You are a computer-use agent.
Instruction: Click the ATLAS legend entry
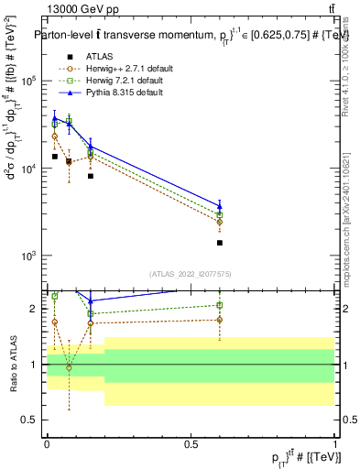(99, 57)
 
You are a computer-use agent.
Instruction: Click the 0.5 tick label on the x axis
(191, 443)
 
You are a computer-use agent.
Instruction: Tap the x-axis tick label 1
(334, 443)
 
